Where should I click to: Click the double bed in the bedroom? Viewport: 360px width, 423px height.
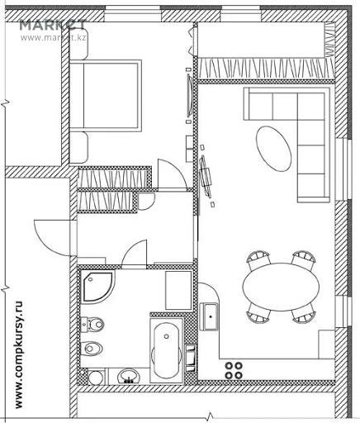(106, 95)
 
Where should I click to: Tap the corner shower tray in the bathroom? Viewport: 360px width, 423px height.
(97, 287)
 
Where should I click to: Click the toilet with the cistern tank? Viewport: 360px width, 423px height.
(92, 324)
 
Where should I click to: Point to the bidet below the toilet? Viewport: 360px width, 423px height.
(92, 349)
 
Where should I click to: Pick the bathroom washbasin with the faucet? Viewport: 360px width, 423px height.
(128, 376)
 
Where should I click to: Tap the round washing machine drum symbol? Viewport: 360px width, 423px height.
(96, 377)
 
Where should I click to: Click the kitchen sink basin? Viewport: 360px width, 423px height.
(211, 316)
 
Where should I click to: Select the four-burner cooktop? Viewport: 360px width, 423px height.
(234, 370)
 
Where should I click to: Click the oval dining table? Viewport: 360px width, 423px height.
(281, 287)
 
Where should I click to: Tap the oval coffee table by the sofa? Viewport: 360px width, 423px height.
(273, 149)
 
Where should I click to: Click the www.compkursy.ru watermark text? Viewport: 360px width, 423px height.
(19, 355)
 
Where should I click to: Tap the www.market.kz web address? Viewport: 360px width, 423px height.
(54, 37)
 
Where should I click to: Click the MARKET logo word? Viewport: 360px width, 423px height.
(53, 26)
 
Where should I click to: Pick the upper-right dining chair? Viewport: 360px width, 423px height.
(304, 259)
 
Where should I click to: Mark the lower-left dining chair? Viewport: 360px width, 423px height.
(258, 315)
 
